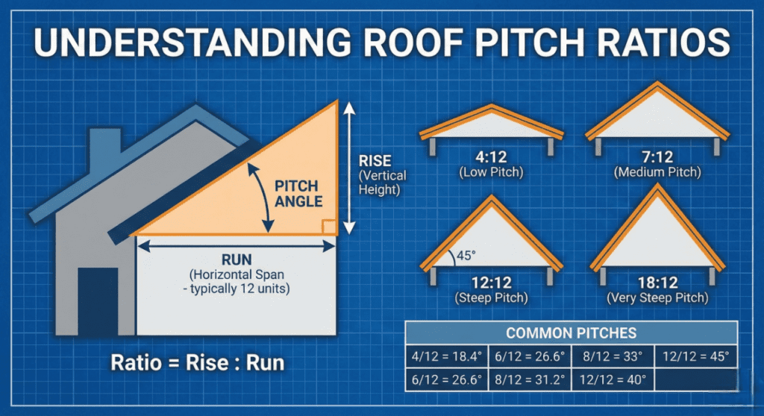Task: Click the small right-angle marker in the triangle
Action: pos(327,227)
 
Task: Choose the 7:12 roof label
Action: pos(657,158)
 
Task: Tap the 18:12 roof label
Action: pos(657,283)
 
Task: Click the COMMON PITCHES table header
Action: pos(571,333)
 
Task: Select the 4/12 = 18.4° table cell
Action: pos(446,356)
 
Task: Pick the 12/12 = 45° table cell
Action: pos(695,356)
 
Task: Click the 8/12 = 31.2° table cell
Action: pos(530,379)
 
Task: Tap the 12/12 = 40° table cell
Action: pos(613,379)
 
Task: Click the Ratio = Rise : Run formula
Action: pos(197,364)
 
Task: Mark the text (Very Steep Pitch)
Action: pos(657,298)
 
